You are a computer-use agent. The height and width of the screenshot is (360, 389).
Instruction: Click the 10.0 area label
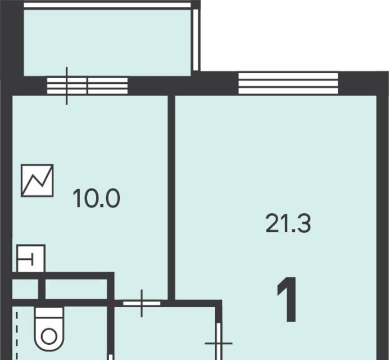point(97,198)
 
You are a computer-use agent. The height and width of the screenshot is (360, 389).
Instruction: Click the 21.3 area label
point(288,224)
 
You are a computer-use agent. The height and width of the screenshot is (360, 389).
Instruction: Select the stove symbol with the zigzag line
point(37,181)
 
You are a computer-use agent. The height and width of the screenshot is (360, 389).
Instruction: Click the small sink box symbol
point(31,258)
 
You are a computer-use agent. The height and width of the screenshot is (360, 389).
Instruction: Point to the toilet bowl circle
point(49,336)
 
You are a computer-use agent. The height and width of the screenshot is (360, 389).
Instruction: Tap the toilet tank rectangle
point(49,312)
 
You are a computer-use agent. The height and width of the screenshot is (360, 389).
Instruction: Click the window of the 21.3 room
point(288,83)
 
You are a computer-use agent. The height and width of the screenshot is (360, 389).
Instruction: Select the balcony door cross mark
point(66,85)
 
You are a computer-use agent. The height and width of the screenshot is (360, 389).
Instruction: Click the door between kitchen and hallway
point(142,303)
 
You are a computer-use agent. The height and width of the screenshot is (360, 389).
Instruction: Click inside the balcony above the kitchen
point(107,43)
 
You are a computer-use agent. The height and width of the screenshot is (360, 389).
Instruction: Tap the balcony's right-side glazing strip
point(196,40)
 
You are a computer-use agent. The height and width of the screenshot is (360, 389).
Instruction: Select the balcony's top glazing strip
point(107,5)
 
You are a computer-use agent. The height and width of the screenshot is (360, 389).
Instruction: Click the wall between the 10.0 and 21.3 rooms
point(171,197)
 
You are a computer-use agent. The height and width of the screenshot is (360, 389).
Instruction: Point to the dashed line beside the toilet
point(17,336)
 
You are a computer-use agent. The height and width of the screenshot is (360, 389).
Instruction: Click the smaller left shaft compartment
point(25,289)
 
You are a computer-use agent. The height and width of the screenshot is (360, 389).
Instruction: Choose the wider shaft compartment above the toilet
point(76,289)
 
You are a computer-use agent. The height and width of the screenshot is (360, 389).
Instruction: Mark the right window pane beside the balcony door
point(108,85)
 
